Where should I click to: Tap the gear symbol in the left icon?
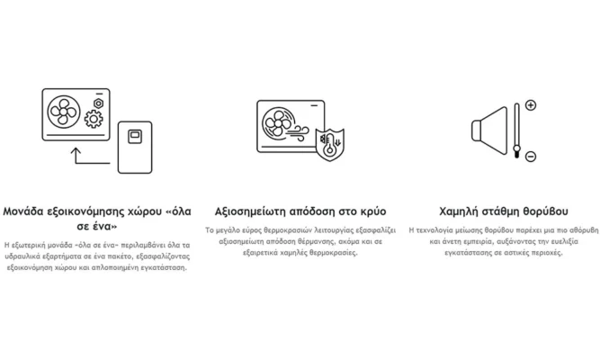click(93, 119)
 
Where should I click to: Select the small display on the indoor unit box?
click(135, 135)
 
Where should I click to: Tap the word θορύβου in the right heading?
click(545, 211)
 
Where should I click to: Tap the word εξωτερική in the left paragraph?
click(31, 244)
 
